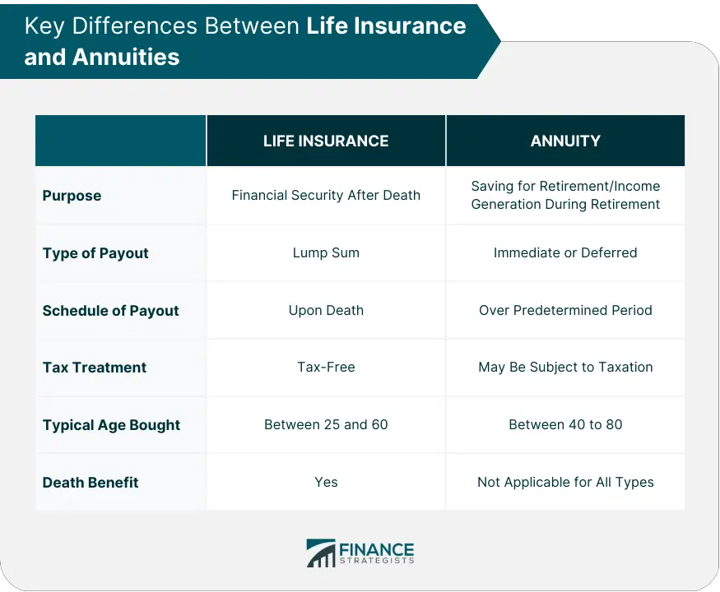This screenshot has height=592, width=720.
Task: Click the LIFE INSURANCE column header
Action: click(326, 141)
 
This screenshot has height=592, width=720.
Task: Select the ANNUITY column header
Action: click(565, 141)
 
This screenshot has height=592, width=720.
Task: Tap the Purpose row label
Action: click(72, 196)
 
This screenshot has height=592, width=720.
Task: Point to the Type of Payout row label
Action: click(95, 253)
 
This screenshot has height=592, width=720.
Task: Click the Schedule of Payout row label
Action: click(110, 311)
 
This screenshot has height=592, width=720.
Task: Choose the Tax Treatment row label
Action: click(95, 368)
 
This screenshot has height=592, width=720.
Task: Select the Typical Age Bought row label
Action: click(111, 425)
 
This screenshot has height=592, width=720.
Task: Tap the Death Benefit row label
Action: click(91, 483)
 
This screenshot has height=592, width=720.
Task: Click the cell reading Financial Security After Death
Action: click(326, 195)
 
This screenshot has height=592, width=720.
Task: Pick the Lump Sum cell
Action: click(326, 253)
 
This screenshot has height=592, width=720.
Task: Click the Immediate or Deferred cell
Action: click(565, 253)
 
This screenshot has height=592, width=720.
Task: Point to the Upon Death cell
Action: click(326, 310)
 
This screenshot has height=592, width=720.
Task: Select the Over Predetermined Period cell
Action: click(565, 310)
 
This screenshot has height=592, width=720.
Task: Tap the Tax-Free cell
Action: click(326, 368)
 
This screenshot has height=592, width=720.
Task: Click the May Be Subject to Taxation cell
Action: click(565, 368)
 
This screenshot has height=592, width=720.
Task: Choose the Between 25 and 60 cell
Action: click(326, 424)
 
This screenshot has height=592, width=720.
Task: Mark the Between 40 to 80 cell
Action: click(565, 424)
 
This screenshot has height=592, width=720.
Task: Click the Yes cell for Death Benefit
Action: click(326, 482)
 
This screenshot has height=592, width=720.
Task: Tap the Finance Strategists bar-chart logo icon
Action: click(321, 553)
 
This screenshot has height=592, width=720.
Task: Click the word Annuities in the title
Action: click(126, 57)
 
